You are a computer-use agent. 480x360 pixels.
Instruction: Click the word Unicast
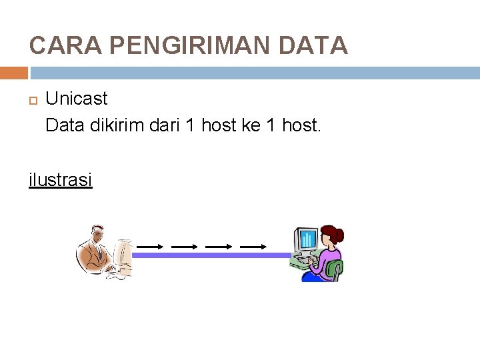click(76, 99)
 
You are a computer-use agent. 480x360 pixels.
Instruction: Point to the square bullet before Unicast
click(33, 100)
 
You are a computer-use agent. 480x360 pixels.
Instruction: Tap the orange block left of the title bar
click(14, 73)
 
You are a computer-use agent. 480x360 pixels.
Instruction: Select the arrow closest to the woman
click(253, 247)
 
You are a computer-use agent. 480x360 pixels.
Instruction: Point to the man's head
click(95, 234)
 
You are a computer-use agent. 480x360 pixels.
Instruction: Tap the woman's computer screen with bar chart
click(307, 238)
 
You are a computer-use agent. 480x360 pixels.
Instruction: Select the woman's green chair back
click(337, 269)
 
